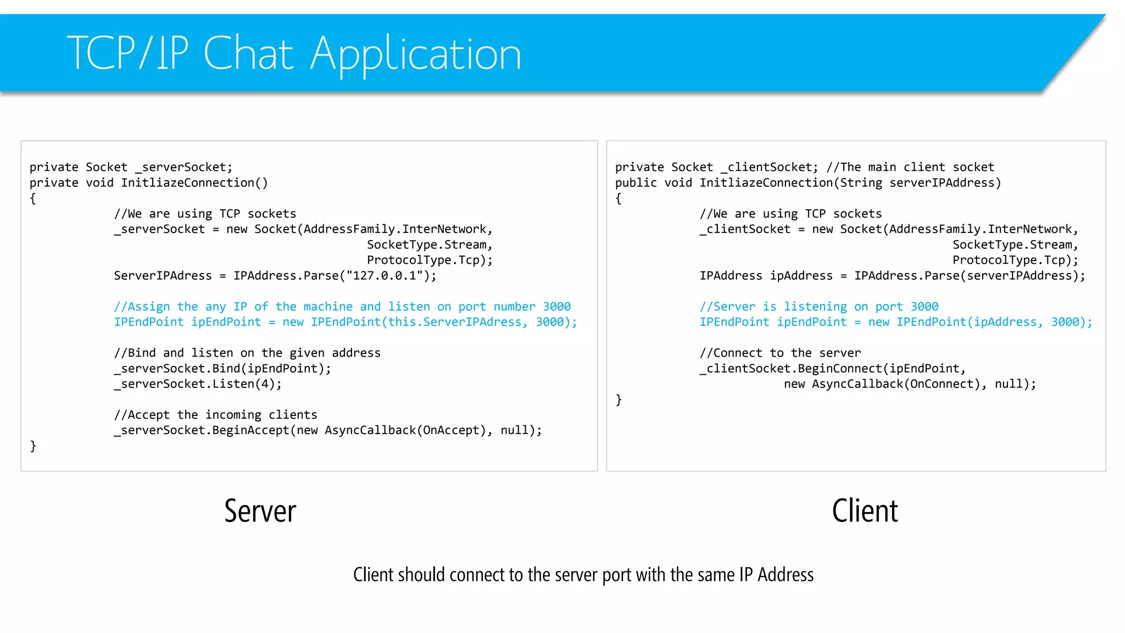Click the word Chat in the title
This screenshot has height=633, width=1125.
(x=248, y=53)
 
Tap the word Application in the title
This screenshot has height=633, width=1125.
(x=415, y=54)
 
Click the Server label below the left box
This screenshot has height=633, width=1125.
(x=260, y=511)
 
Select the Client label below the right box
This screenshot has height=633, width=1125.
(x=865, y=511)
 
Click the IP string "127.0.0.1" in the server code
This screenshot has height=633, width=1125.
(x=385, y=276)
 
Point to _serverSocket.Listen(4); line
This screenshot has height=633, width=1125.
(x=198, y=384)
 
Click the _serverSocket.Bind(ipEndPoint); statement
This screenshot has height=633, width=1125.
(x=222, y=369)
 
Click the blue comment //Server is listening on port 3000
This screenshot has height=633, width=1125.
(x=818, y=307)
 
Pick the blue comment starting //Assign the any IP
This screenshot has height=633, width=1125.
(x=342, y=307)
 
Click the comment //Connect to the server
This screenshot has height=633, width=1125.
(x=780, y=353)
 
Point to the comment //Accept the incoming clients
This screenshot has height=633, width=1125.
(x=215, y=415)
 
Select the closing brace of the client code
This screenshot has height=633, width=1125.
(x=619, y=399)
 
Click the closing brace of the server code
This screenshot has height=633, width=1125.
(x=33, y=446)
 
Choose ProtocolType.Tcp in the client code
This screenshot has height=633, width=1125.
(x=1012, y=260)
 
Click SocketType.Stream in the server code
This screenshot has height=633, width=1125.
(x=426, y=245)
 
